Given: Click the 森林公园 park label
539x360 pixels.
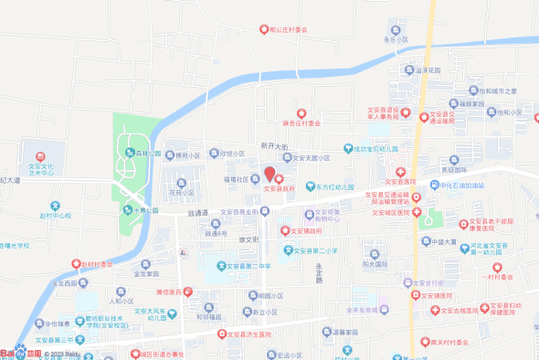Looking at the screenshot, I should pyautogui.click(x=145, y=154).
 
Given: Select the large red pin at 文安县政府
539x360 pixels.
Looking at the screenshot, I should pyautogui.click(x=269, y=174).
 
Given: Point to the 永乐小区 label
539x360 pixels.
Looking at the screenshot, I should pyautogui.click(x=395, y=40).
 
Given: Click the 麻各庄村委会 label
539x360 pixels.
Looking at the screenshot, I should pyautogui.click(x=301, y=122).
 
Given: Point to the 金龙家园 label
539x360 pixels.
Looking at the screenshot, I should pyautogui.click(x=147, y=273).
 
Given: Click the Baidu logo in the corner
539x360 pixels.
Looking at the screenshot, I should pyautogui.click(x=20, y=352).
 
